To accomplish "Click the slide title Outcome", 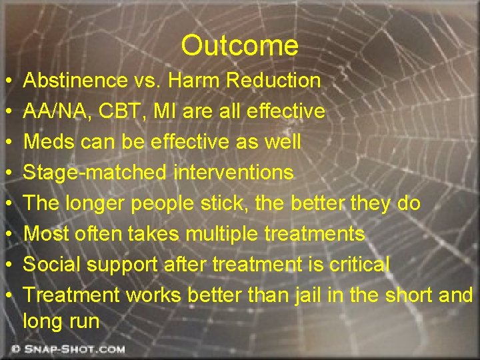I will [x=239, y=46].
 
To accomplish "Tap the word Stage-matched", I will [x=95, y=173].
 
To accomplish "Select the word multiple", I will [x=227, y=234].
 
